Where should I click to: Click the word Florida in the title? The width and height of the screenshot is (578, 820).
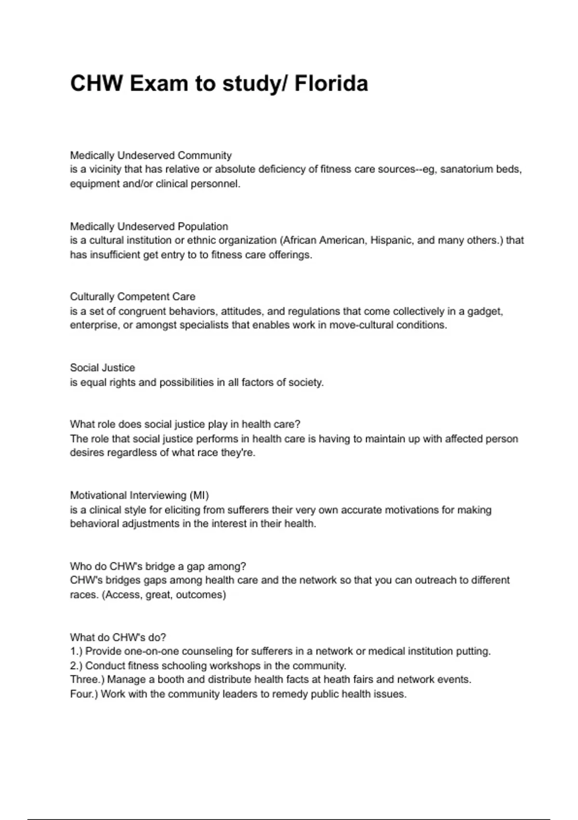(x=331, y=83)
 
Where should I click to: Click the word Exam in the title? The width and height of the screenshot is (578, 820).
(x=158, y=83)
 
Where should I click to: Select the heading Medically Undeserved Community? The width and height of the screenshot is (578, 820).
(x=151, y=155)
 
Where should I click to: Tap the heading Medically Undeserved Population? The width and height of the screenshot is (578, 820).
(x=149, y=226)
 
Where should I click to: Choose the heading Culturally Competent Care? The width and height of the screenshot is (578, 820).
(x=132, y=297)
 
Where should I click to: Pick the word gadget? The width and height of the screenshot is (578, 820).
(x=485, y=311)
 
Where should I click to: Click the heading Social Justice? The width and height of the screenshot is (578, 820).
(x=102, y=368)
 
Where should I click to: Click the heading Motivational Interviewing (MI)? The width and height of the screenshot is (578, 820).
(x=139, y=495)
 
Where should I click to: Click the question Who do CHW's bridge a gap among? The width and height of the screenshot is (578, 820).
(x=158, y=566)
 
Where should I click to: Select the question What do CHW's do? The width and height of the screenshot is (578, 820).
(x=118, y=637)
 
